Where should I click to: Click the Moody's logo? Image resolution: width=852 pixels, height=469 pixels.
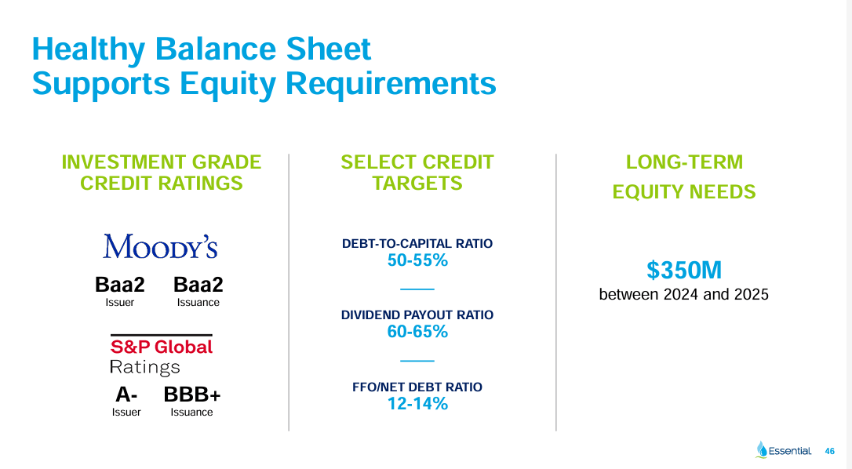click(x=160, y=246)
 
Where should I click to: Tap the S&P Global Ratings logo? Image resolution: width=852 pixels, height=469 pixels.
click(x=161, y=355)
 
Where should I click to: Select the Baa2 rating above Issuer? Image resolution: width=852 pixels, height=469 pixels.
click(x=120, y=285)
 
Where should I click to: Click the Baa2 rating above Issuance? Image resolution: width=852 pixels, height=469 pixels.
click(x=198, y=285)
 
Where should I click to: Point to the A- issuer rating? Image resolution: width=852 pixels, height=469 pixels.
click(x=126, y=395)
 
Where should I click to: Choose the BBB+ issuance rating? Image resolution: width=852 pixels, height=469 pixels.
click(x=192, y=395)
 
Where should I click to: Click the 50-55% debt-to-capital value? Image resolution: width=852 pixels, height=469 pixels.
click(x=417, y=260)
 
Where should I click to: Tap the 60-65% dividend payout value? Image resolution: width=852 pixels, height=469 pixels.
click(x=417, y=332)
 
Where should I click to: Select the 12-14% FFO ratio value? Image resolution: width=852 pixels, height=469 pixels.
click(x=417, y=404)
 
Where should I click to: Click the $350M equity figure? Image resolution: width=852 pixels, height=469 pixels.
click(x=684, y=271)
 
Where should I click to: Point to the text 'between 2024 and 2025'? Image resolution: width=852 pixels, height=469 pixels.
click(x=684, y=295)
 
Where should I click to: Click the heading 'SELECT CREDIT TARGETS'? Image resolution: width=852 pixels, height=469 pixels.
click(x=417, y=173)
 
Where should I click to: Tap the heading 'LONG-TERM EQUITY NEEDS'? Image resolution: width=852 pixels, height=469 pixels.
click(x=684, y=176)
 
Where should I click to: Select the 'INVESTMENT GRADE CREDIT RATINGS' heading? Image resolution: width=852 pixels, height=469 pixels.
click(x=162, y=173)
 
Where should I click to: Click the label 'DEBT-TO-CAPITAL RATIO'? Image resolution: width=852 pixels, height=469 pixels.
click(x=417, y=243)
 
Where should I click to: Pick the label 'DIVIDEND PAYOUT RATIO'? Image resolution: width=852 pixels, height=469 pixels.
click(x=417, y=314)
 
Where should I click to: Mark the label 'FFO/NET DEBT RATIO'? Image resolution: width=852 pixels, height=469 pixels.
click(x=417, y=387)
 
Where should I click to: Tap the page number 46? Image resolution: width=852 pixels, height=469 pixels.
click(x=830, y=451)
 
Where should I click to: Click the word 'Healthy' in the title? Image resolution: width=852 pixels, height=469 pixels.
click(x=88, y=49)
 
